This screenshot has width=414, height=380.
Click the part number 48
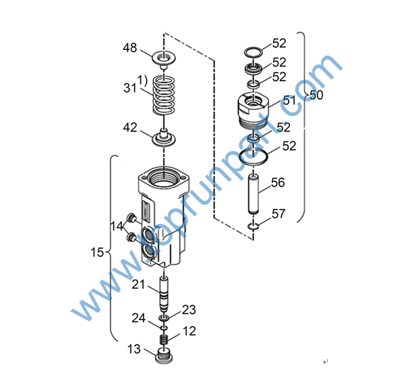click(129, 48)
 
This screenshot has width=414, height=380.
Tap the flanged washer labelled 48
click(164, 57)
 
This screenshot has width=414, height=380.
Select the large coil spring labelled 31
click(164, 95)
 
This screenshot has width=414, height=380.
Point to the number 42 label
click(129, 127)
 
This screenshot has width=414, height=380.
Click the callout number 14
click(117, 227)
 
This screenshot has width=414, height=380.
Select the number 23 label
click(189, 309)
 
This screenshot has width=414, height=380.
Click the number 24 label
click(138, 318)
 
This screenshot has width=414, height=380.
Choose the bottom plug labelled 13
click(164, 353)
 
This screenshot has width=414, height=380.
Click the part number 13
click(135, 348)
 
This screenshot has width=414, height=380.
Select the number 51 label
click(289, 100)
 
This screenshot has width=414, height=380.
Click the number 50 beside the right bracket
click(316, 95)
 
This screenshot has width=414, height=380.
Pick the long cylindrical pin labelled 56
click(255, 193)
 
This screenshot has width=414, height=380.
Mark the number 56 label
click(278, 182)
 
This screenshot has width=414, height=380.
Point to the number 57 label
click(278, 214)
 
